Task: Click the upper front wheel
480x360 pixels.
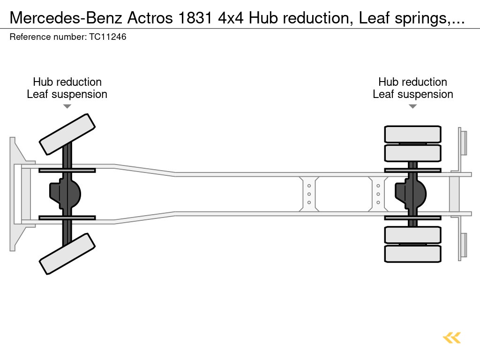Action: (x=67, y=134)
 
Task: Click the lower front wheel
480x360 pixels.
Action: (x=67, y=254)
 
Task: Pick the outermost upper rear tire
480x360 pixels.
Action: (x=412, y=134)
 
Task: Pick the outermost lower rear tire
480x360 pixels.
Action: (x=412, y=254)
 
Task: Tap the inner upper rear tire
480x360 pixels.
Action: (x=412, y=153)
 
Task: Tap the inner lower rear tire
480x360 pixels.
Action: (x=412, y=235)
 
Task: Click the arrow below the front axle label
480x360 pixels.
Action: (x=67, y=106)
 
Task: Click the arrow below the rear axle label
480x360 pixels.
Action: (x=412, y=106)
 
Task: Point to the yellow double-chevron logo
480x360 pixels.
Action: (x=452, y=338)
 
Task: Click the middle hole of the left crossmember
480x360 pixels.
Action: (x=309, y=194)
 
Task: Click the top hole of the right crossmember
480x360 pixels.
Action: (x=378, y=186)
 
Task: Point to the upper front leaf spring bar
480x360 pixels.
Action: (x=67, y=170)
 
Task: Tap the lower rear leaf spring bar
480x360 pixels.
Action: (x=412, y=217)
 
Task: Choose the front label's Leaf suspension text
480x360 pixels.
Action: (x=67, y=94)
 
